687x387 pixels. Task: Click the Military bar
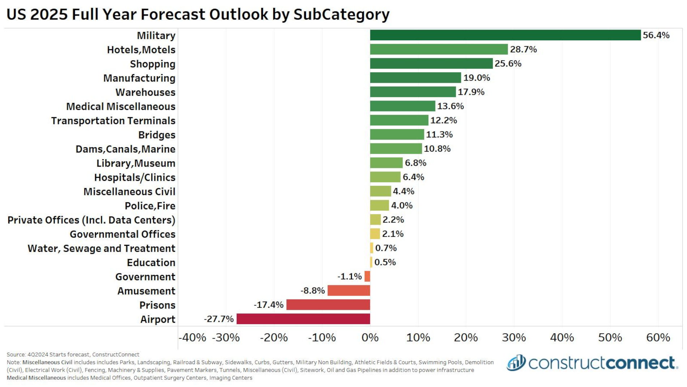click(x=505, y=35)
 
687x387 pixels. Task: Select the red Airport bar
click(x=303, y=319)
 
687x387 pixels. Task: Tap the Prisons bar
click(x=328, y=305)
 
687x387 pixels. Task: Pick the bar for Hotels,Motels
click(x=439, y=49)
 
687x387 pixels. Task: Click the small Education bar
click(x=371, y=262)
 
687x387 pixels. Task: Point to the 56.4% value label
click(x=656, y=35)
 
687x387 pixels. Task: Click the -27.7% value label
click(x=219, y=319)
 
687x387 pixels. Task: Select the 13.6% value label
click(x=450, y=106)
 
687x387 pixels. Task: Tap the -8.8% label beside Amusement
click(x=312, y=291)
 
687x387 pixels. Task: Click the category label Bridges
click(x=157, y=135)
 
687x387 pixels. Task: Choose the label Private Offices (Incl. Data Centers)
click(x=91, y=220)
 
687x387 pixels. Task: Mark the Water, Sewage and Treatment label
click(x=101, y=248)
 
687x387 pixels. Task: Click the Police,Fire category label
click(x=150, y=206)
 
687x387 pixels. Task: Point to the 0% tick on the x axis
click(x=370, y=338)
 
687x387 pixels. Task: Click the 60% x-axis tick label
click(x=658, y=338)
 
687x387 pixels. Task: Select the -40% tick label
click(x=192, y=338)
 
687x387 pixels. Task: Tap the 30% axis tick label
click(x=514, y=338)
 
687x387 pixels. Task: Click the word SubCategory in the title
click(x=341, y=14)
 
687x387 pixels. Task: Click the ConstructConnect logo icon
click(x=516, y=362)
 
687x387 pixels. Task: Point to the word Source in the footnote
click(x=16, y=354)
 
